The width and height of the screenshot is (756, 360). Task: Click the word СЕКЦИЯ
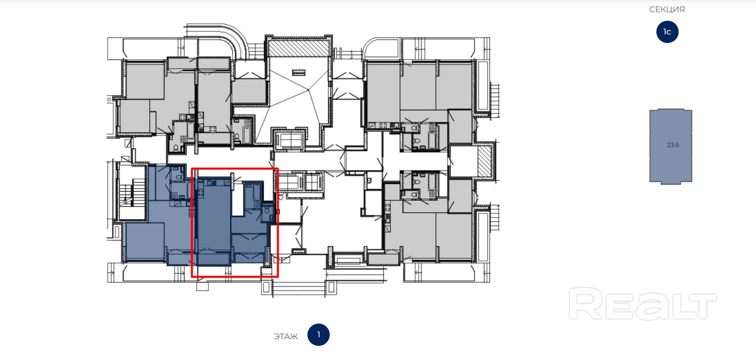point(667,10)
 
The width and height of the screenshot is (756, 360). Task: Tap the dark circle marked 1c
point(667,32)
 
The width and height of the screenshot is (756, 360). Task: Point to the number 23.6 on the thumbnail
point(673,145)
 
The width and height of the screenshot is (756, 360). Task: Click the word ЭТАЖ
point(286,336)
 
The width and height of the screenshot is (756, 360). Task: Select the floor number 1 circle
point(318,335)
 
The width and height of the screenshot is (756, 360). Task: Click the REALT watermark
point(643,304)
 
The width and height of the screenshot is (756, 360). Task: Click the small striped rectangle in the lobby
point(299,72)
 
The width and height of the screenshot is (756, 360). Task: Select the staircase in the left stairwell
point(132,193)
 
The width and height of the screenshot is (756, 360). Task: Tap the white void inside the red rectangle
point(238,200)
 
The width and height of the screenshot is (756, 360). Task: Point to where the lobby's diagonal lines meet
point(308,90)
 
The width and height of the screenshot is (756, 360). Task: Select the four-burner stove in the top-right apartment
point(383,125)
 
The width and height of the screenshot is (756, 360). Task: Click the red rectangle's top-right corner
point(278,169)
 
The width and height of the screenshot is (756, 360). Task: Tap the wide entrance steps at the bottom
point(299,289)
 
